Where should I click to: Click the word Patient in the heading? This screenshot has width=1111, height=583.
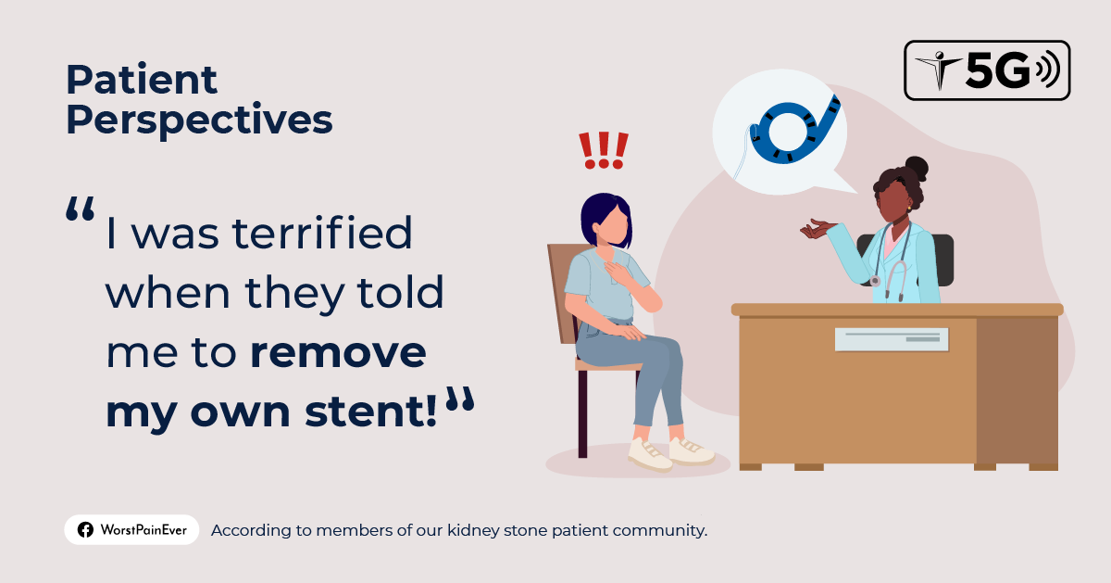(x=142, y=81)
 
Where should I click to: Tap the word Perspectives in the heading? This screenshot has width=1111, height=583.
(x=199, y=120)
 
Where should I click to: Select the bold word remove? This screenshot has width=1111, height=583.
(x=338, y=353)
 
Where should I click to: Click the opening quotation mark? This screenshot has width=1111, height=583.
(x=81, y=210)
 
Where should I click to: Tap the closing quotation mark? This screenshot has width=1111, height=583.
(x=459, y=400)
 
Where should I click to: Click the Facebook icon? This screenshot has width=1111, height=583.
(x=85, y=530)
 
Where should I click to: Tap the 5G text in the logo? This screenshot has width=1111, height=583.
(x=996, y=71)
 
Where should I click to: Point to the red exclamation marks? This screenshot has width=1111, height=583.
(x=603, y=150)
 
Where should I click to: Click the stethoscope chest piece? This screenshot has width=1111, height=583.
(x=874, y=280)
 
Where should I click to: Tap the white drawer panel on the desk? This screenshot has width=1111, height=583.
(x=891, y=339)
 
